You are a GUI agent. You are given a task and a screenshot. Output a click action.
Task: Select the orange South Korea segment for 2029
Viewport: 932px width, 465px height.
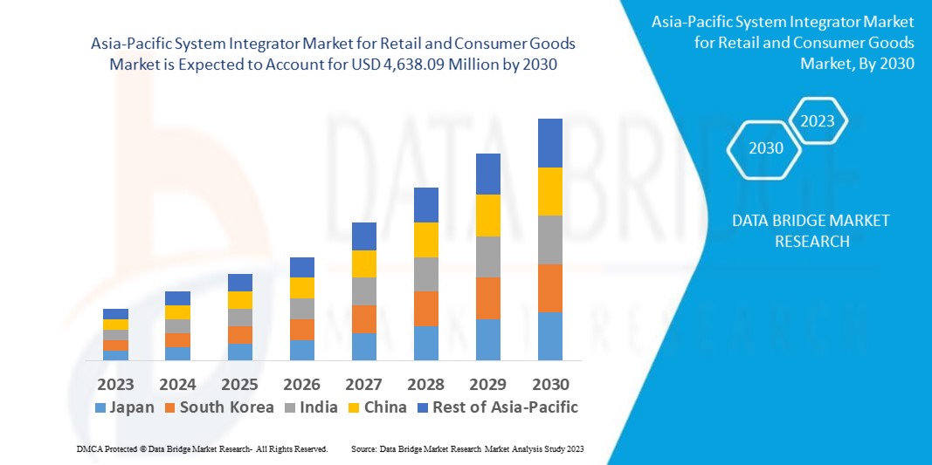tap(487, 298)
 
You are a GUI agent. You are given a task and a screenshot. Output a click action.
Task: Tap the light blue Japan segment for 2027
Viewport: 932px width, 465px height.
tap(364, 346)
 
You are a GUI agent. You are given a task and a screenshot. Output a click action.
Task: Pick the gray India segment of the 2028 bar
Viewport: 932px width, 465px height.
tap(425, 274)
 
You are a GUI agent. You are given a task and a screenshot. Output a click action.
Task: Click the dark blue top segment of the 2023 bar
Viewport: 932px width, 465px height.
tap(115, 314)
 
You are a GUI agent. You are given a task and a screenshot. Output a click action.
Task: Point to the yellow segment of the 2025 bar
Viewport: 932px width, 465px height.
tap(240, 300)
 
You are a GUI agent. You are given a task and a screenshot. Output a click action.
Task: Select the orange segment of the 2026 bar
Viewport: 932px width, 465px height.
tap(302, 330)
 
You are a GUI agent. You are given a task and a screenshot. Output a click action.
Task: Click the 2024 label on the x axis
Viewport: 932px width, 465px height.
tap(177, 384)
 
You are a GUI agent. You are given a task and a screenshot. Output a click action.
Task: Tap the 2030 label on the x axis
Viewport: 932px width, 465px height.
tap(549, 384)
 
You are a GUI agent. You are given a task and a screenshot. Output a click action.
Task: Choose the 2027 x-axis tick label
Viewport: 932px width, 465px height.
tap(364, 384)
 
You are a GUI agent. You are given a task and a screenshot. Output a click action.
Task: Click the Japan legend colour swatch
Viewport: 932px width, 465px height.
tap(100, 407)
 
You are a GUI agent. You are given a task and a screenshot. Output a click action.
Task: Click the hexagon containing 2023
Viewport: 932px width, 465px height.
tap(818, 121)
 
